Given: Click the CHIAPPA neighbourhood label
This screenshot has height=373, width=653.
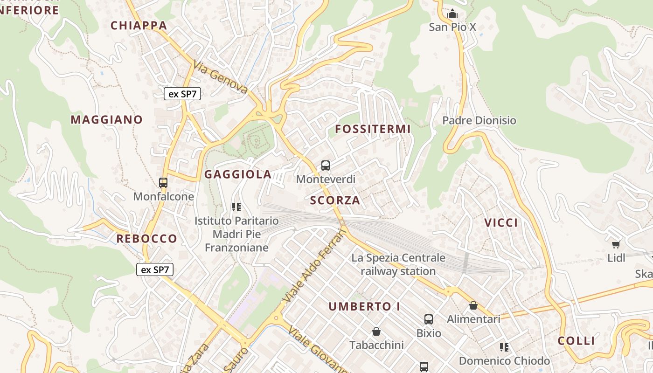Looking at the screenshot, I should (x=139, y=25).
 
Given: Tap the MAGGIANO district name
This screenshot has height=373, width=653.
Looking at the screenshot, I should (x=106, y=120).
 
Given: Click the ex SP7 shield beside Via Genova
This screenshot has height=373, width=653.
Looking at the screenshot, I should (x=182, y=94).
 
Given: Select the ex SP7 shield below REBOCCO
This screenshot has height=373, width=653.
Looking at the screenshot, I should (x=155, y=269).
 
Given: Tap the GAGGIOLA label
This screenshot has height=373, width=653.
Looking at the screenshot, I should (x=238, y=174).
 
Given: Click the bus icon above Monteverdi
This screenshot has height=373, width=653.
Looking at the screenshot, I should (x=326, y=165).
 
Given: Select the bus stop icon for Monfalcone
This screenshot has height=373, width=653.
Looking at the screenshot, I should (x=163, y=183).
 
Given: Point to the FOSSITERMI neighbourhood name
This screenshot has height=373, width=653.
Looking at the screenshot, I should (x=373, y=129).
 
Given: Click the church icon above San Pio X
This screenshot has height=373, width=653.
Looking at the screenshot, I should (x=452, y=14).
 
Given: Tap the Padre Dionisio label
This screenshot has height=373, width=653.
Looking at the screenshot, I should (x=479, y=120).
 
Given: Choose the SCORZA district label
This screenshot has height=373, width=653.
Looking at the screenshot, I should (x=335, y=200).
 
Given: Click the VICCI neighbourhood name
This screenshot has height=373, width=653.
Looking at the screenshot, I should (x=501, y=223).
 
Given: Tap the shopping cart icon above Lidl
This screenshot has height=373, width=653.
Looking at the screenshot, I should (x=616, y=244).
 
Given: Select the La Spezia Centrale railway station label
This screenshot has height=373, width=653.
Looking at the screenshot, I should (x=398, y=264).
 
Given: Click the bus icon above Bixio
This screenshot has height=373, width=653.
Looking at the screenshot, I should (x=429, y=319).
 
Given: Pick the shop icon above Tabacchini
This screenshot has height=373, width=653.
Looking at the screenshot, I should (x=376, y=332).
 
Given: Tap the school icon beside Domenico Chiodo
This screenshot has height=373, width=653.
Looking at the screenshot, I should (x=504, y=347).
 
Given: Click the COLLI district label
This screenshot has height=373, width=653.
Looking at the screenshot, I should (x=576, y=341).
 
